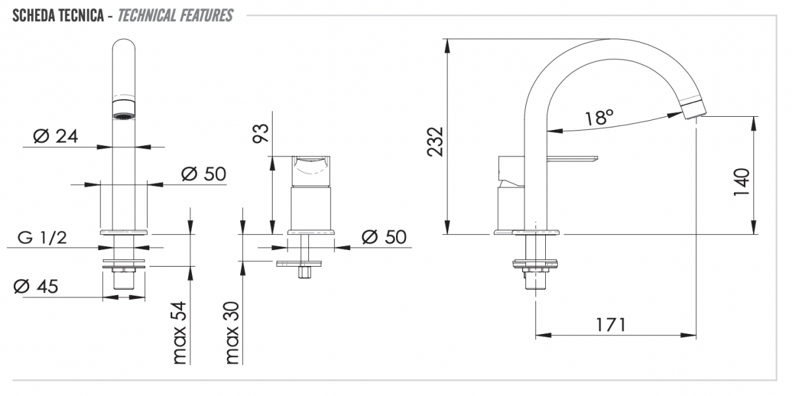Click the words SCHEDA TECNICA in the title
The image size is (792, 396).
point(58,16)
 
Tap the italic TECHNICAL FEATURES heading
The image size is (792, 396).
point(175,16)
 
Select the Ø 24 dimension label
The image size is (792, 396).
point(55,136)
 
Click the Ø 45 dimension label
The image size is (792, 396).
point(36,286)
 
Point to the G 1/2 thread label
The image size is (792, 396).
point(42,238)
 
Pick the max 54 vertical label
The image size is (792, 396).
point(180,333)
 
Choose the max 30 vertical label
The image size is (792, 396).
point(232,333)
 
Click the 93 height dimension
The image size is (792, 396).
point(261,133)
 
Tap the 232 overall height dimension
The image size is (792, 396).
point(435,141)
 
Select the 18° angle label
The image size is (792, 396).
point(599,117)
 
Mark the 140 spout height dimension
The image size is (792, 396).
point(741,181)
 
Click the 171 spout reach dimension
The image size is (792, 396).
point(611,325)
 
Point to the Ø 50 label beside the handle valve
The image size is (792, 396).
point(384,237)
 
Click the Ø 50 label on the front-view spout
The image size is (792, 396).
point(204,174)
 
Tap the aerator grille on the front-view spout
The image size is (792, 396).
point(124,116)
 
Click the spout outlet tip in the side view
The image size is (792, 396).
point(694,110)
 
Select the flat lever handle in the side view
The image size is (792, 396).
point(572,159)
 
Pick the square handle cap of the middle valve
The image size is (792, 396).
point(311,171)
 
